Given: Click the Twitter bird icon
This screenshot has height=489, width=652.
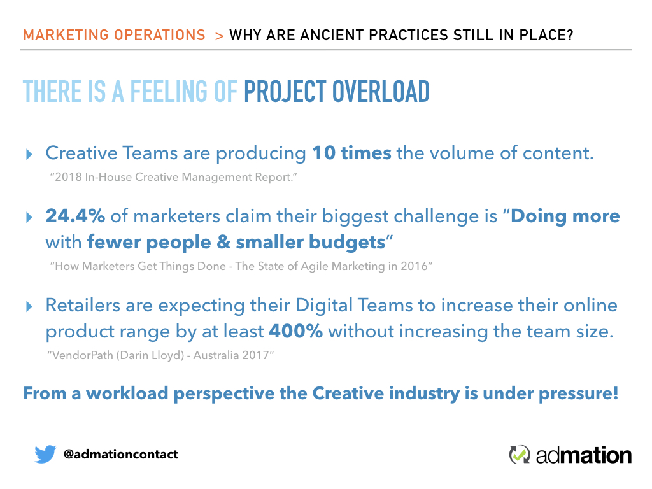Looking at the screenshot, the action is click(45, 453).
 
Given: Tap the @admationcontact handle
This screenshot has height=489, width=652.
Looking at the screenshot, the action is click(120, 454).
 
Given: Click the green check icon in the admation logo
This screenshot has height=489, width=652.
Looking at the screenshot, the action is click(520, 455).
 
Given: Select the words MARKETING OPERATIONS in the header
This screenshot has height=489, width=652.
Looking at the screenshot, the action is click(115, 35).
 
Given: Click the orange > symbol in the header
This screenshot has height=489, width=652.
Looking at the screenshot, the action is click(220, 36).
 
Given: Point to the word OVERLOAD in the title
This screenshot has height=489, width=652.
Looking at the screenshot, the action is click(381, 92).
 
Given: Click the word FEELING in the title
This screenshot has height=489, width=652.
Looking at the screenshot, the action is click(169, 92).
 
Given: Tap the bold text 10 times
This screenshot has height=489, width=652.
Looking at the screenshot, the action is click(351, 153).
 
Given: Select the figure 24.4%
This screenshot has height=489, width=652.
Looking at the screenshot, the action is click(75, 216).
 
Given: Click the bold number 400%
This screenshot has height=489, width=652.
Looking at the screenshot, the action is click(295, 331).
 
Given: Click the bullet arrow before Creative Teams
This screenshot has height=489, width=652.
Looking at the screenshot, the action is click(29, 154).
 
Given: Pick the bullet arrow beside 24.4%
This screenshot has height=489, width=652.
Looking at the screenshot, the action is click(29, 217).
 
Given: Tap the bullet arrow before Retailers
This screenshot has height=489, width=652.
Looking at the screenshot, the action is click(29, 306).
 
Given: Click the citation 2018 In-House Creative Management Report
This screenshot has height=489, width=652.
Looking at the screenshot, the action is click(173, 177).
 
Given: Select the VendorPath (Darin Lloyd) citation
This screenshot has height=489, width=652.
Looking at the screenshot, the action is click(160, 355).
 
